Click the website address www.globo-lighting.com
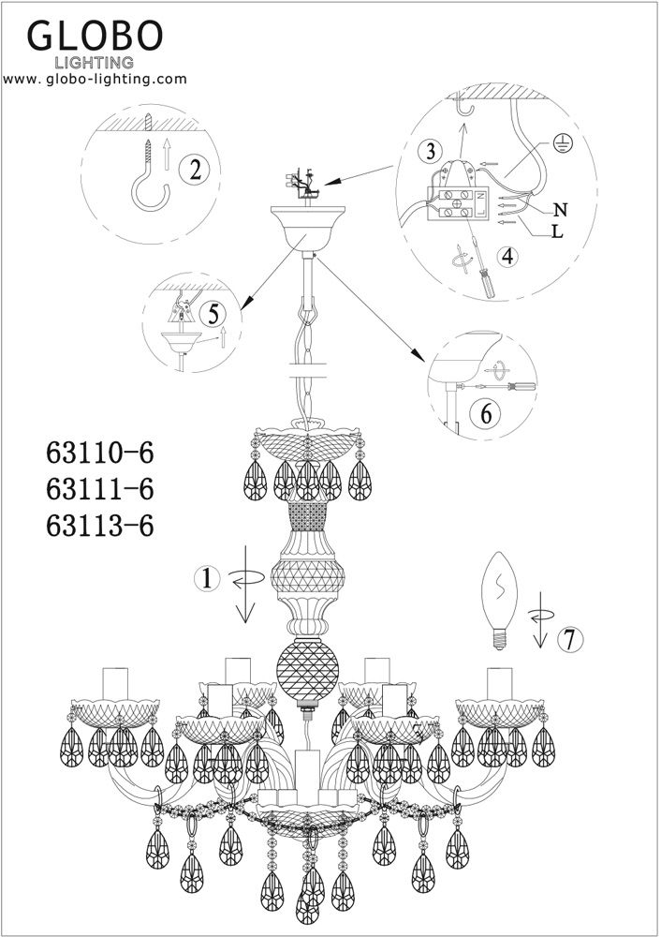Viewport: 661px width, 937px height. (95, 80)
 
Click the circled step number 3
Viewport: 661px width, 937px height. (430, 151)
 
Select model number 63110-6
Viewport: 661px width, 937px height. (98, 454)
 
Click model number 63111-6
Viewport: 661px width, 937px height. (98, 489)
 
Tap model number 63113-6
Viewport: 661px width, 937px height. (98, 526)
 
